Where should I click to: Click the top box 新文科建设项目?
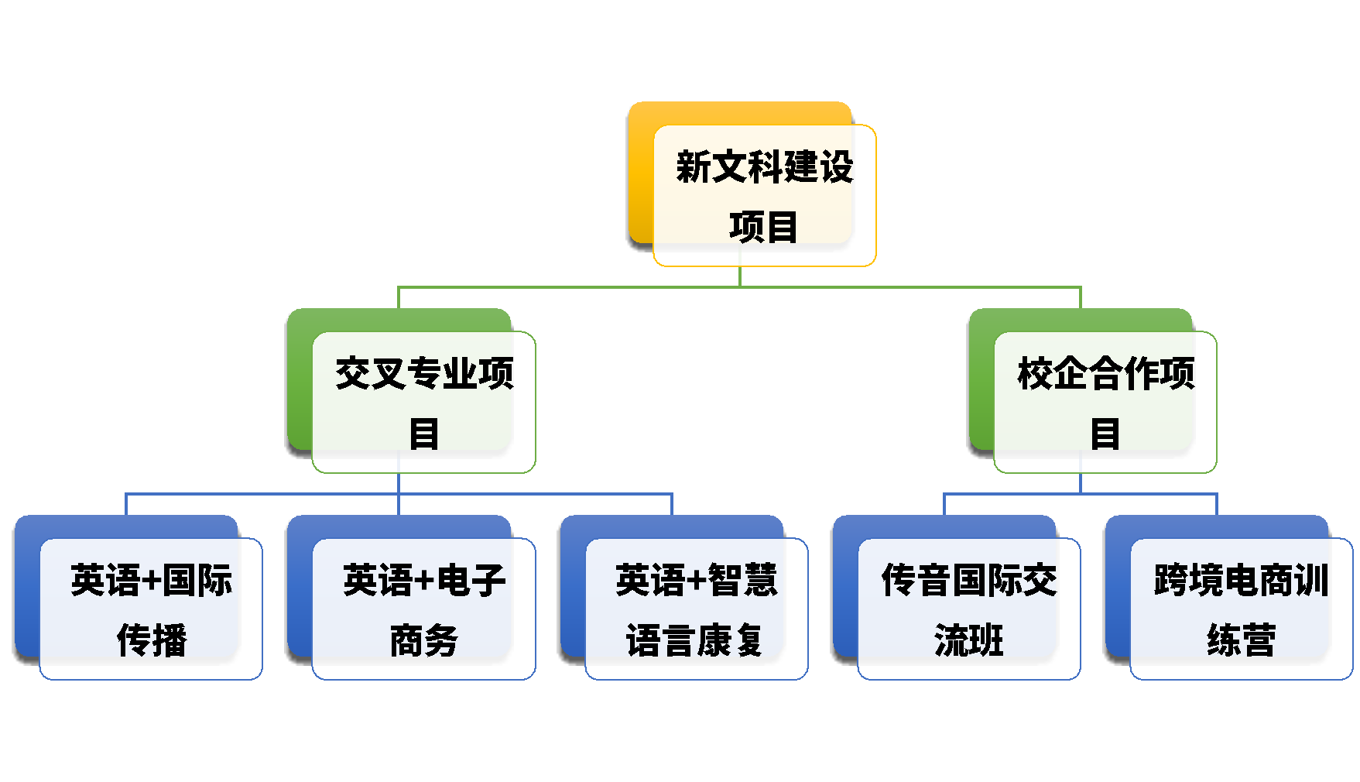(764, 195)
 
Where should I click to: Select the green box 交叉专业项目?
(423, 402)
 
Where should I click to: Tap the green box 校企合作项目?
(1105, 402)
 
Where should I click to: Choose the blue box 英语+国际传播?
(151, 609)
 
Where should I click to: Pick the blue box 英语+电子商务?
(423, 609)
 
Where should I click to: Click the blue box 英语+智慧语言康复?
(696, 609)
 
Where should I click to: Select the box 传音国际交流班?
(968, 609)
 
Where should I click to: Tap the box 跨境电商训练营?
(1241, 609)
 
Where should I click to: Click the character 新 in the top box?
(694, 167)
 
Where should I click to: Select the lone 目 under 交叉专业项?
(424, 434)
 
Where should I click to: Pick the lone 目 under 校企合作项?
(1105, 434)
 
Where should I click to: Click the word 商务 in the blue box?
(424, 640)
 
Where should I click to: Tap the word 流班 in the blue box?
(969, 640)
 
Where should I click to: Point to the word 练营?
(1242, 640)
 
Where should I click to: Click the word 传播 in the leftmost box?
(152, 640)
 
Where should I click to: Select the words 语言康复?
(695, 640)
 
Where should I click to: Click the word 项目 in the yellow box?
(763, 227)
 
